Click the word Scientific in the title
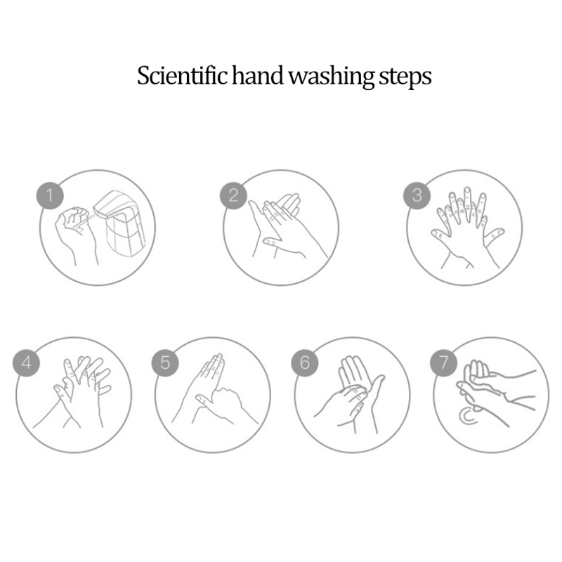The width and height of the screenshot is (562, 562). (x=182, y=76)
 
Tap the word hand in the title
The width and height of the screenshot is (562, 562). (x=258, y=76)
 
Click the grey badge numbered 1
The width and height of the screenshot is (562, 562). (x=50, y=196)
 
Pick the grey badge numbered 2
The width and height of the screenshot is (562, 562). (x=233, y=196)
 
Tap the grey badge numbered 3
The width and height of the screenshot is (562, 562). (x=417, y=196)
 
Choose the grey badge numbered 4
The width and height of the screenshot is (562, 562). (x=26, y=362)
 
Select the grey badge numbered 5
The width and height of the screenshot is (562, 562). (x=165, y=362)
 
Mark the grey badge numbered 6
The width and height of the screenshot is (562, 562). (x=305, y=362)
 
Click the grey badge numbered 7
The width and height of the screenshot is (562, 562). (x=444, y=362)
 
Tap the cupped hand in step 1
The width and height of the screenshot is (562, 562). (x=76, y=233)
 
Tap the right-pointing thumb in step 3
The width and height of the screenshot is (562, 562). (x=495, y=236)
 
